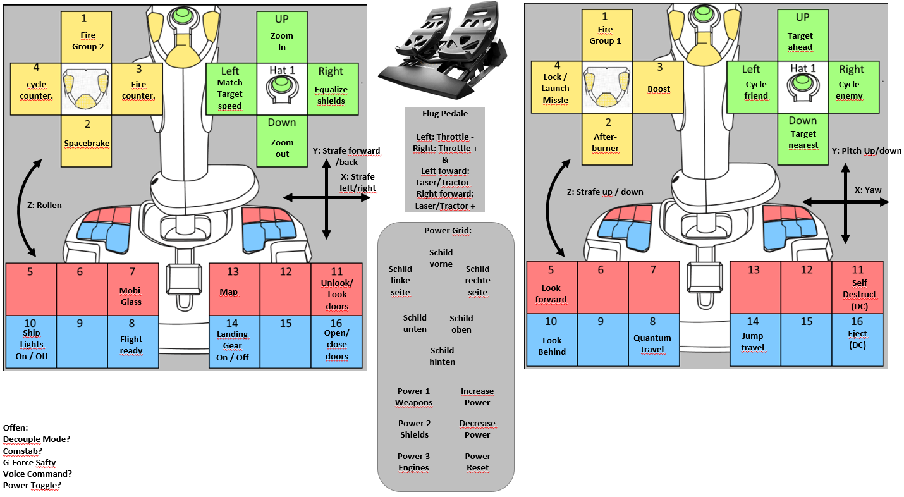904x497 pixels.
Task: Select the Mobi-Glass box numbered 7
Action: point(132,289)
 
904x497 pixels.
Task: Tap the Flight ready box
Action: point(132,341)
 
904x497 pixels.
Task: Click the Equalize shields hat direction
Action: point(331,88)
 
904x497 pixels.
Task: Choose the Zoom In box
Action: point(282,36)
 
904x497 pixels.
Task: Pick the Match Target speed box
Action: point(230,88)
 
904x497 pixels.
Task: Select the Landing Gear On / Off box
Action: point(233,341)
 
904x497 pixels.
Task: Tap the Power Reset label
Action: point(477,462)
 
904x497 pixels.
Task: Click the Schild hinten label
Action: point(443,356)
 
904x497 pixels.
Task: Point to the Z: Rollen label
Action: point(44,205)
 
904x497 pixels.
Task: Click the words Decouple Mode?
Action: point(36,439)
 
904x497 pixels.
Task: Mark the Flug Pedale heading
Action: point(445,114)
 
